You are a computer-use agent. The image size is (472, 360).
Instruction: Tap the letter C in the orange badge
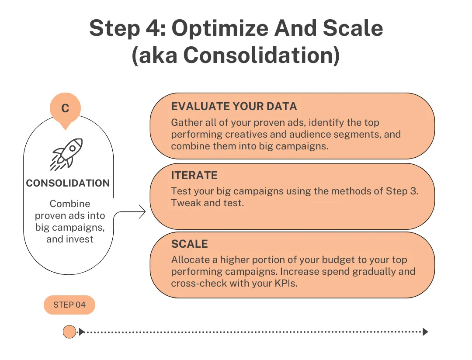pos(65,108)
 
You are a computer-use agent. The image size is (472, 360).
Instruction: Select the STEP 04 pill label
pos(69,305)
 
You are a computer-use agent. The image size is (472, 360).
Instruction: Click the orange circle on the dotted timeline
pos(69,332)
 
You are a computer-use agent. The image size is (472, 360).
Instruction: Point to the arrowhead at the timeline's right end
pos(425,332)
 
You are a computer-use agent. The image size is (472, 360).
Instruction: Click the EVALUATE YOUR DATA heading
pos(234,107)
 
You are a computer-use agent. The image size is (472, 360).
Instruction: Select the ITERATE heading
pos(194,176)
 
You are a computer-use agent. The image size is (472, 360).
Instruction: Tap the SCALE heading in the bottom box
pos(189,244)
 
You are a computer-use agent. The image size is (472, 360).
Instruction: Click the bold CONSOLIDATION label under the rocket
pos(68,183)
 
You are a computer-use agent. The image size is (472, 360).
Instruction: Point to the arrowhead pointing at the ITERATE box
pos(142,213)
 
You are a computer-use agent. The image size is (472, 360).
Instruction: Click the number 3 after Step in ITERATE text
pos(415,191)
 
